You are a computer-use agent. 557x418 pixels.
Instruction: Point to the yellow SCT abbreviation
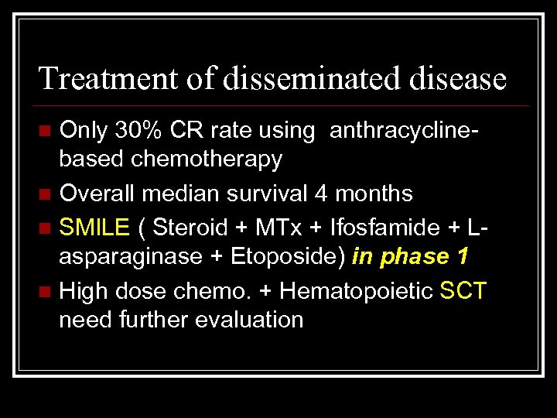(x=463, y=291)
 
